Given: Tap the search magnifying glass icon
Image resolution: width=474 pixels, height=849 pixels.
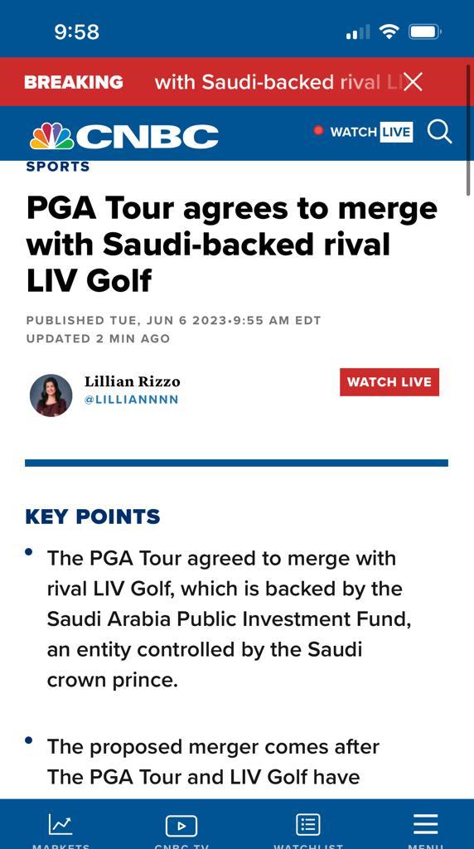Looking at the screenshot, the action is click(x=439, y=132).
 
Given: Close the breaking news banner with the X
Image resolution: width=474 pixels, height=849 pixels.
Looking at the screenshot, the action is click(x=413, y=81).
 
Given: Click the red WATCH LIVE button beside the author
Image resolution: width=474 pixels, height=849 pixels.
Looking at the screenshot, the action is click(x=389, y=382).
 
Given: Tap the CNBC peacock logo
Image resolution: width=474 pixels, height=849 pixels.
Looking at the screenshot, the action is click(x=52, y=135).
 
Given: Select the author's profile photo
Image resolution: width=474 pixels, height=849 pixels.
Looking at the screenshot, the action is click(x=51, y=395).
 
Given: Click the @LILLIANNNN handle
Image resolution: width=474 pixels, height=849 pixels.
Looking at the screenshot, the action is click(x=132, y=400).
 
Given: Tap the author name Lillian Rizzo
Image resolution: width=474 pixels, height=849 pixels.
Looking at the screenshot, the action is click(x=132, y=381).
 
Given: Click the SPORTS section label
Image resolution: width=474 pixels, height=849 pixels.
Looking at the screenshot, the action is click(x=58, y=167).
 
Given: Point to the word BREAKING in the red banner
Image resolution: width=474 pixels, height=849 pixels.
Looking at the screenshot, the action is click(x=73, y=82).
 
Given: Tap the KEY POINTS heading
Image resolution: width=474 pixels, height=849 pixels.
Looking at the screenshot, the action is click(x=93, y=517).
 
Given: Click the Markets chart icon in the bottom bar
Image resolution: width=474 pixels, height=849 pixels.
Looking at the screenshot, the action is click(x=60, y=824).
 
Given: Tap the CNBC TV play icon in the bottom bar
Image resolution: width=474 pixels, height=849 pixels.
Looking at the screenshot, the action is click(x=181, y=826).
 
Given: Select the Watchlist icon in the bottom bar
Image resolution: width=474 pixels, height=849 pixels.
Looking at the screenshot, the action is click(x=308, y=825).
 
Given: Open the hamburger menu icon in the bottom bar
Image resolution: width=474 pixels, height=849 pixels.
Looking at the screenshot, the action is click(x=425, y=824).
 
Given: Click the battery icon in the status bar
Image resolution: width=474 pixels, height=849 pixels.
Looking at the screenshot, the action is click(x=424, y=32).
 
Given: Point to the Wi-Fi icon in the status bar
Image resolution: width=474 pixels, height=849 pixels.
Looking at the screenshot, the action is click(x=389, y=32).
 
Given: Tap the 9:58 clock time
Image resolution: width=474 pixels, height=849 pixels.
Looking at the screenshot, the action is click(x=76, y=32).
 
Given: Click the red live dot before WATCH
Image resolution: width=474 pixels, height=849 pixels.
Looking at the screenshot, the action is click(x=318, y=131).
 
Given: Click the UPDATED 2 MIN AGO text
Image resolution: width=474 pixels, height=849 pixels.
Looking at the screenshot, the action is click(x=98, y=338).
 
